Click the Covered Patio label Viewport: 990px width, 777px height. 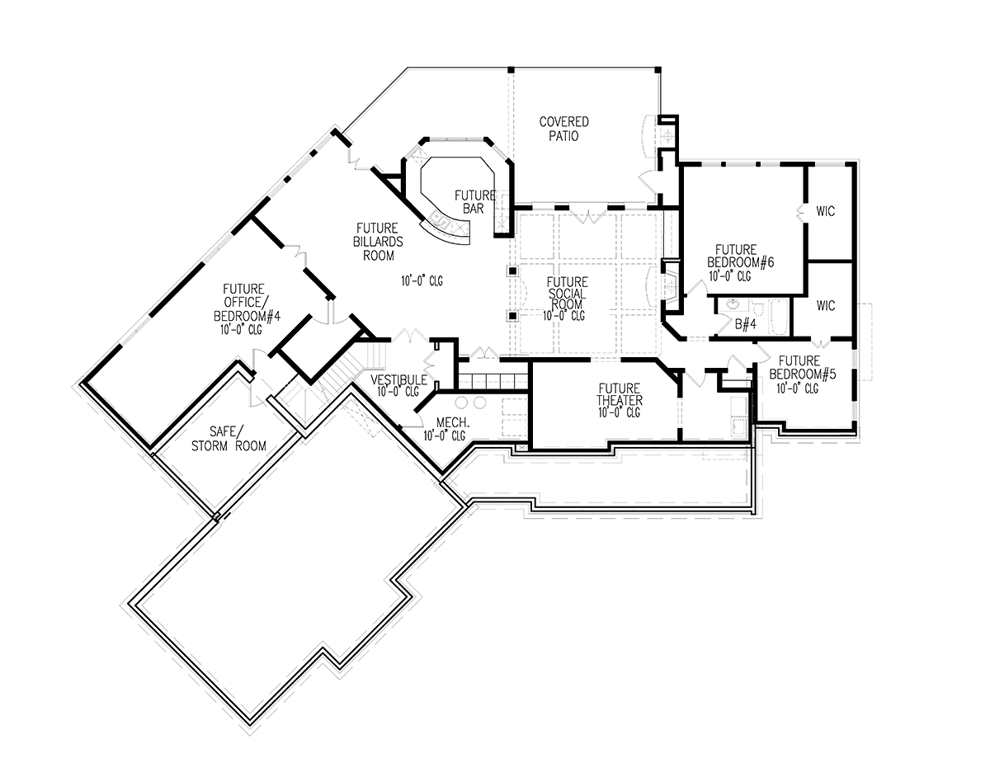click(563, 129)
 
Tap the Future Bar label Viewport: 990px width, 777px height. click(474, 202)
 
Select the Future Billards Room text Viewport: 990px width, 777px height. click(378, 242)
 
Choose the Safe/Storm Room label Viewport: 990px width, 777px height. click(229, 439)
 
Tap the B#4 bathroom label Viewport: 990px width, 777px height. click(746, 324)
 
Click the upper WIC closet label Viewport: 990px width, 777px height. click(826, 211)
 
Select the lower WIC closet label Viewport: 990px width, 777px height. click(826, 305)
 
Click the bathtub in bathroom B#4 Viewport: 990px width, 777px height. click(779, 317)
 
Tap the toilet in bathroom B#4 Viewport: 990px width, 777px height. click(757, 308)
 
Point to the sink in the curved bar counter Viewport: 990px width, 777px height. click(441, 220)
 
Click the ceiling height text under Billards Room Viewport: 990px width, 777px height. click(422, 281)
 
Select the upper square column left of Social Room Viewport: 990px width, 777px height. click(513, 271)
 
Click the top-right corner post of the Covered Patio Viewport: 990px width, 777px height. click(658, 69)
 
